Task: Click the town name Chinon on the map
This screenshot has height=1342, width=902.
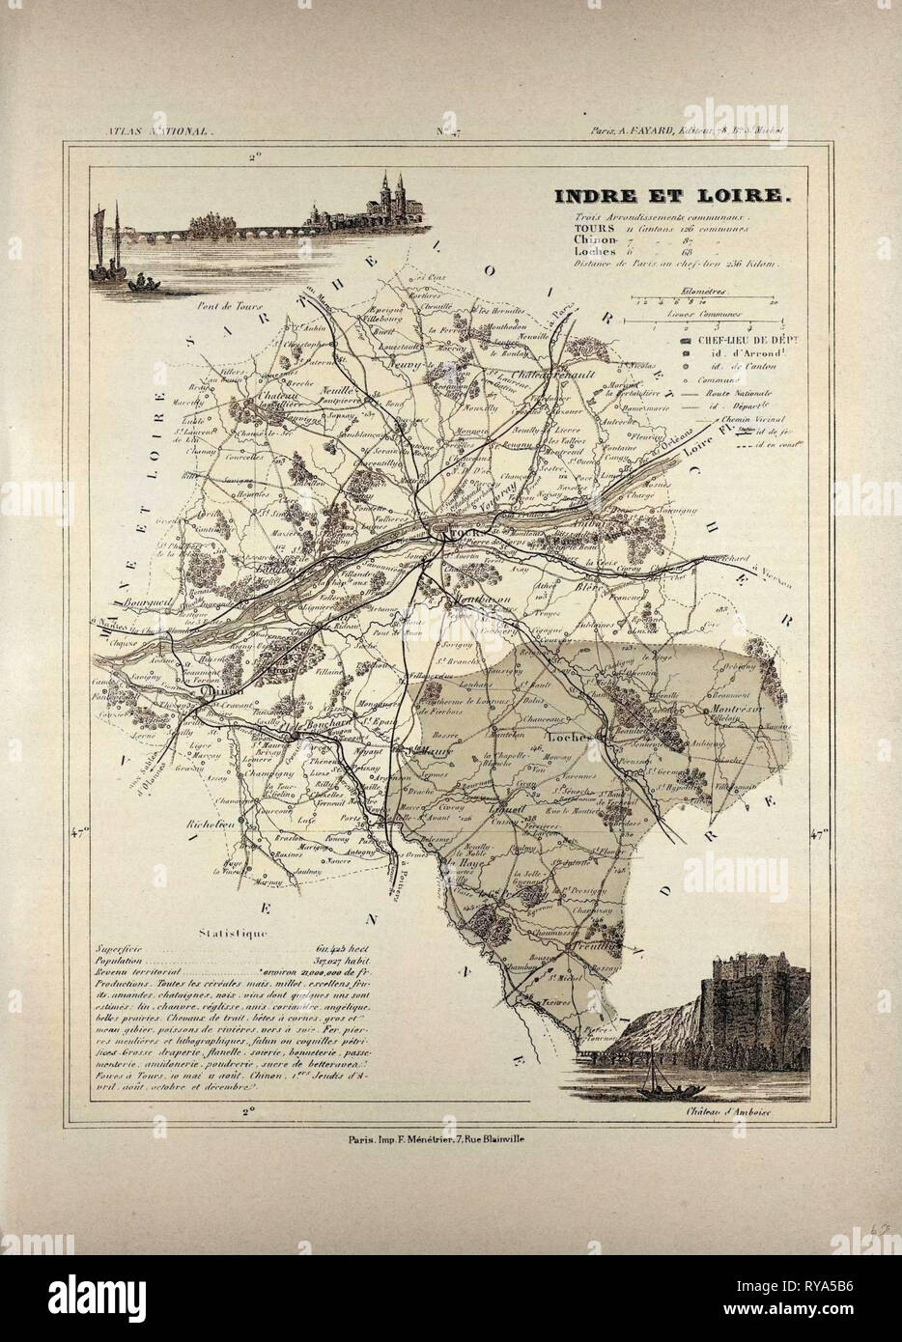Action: click(222, 692)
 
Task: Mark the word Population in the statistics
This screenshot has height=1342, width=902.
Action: click(128, 963)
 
